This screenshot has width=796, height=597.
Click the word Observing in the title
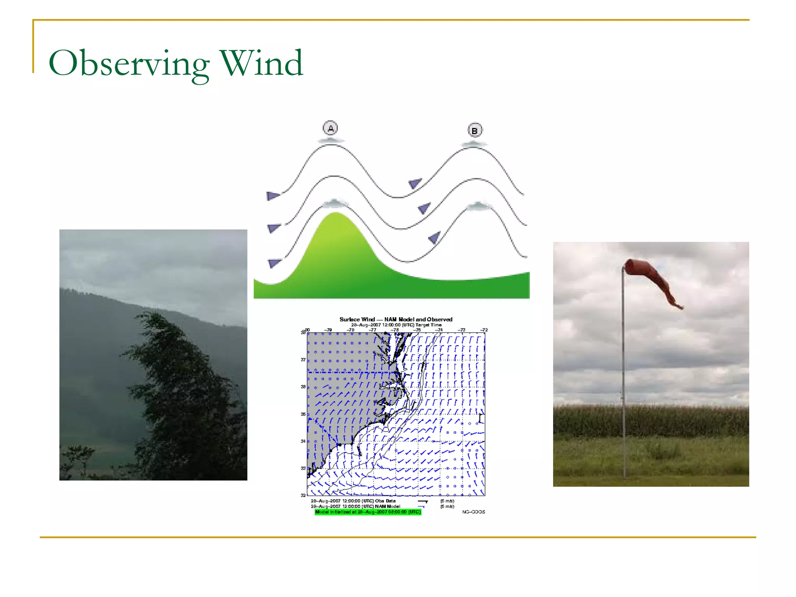click(x=128, y=63)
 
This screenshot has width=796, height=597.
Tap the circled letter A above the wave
click(x=330, y=128)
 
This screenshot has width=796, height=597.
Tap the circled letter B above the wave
click(x=475, y=131)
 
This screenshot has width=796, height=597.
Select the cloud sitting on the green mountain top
click(x=334, y=203)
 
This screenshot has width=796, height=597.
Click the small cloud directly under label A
click(x=331, y=140)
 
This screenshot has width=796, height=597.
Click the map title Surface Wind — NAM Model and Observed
click(x=396, y=319)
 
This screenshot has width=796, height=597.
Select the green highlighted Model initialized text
click(x=368, y=512)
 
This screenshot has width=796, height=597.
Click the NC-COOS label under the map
click(x=473, y=512)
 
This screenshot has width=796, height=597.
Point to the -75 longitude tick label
click(x=417, y=330)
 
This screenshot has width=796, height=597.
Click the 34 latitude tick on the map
click(x=303, y=441)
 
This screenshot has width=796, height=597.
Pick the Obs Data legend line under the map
click(x=353, y=501)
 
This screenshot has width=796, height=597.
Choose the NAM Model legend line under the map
click(x=355, y=506)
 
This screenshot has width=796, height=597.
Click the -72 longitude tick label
click(x=484, y=330)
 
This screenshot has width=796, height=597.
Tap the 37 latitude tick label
click(x=303, y=360)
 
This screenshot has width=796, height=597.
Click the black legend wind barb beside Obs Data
click(x=423, y=501)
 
